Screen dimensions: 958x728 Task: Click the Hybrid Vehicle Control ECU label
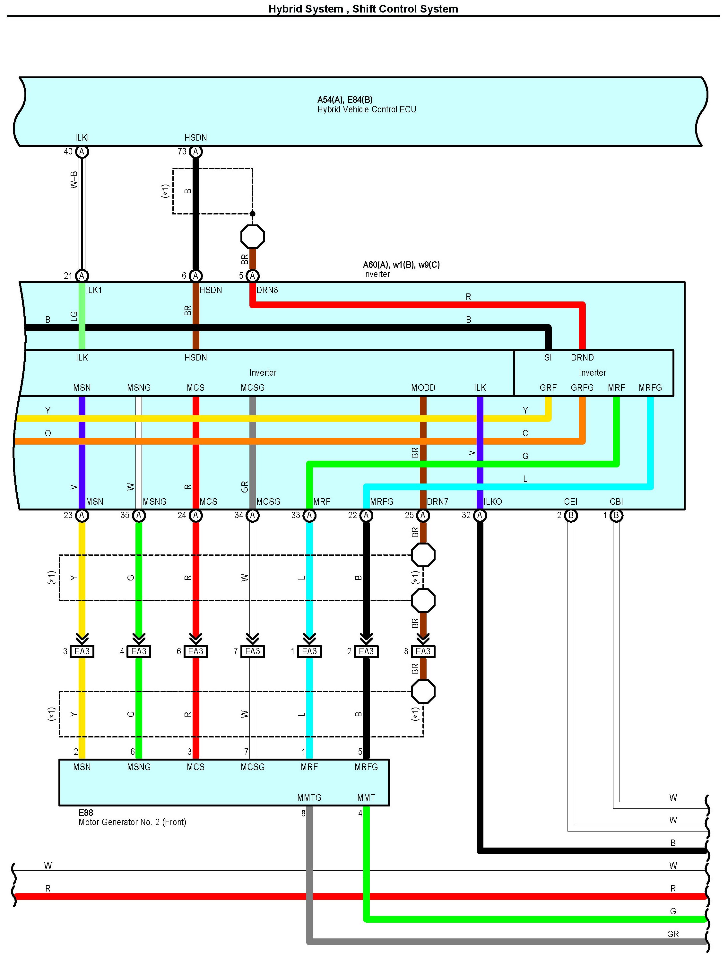point(366,109)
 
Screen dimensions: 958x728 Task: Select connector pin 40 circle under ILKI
point(82,152)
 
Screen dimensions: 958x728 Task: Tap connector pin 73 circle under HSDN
point(196,152)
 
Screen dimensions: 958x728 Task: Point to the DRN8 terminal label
point(267,290)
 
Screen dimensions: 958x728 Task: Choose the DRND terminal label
point(582,357)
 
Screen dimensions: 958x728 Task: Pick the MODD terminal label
point(423,388)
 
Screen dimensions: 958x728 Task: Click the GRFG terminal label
point(582,388)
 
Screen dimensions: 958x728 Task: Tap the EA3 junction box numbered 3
point(82,651)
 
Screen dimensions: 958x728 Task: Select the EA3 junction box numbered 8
point(423,651)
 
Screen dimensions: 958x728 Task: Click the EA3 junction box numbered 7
point(253,651)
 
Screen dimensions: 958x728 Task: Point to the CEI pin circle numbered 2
point(571,516)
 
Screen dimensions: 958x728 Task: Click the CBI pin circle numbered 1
point(616,516)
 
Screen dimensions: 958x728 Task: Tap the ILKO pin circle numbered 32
point(480,516)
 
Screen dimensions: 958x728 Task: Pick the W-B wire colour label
point(74,180)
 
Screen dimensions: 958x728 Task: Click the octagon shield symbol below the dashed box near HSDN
point(253,237)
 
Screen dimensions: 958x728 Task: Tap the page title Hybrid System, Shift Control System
point(363,9)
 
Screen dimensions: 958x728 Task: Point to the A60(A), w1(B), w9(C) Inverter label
point(401,269)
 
